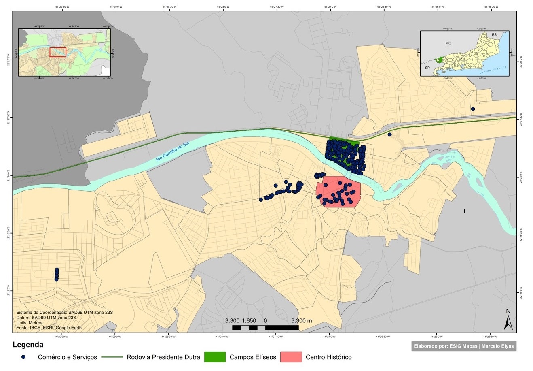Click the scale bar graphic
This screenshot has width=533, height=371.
(265, 327)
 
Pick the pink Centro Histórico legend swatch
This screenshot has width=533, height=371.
(291, 357)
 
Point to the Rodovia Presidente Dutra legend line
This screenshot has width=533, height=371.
(112, 357)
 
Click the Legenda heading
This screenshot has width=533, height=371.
(28, 345)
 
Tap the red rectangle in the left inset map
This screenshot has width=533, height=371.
(58, 52)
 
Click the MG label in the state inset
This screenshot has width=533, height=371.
(448, 43)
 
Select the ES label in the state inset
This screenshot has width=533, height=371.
(494, 35)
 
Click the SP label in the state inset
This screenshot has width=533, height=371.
(427, 68)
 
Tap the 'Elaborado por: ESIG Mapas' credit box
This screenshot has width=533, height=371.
(464, 346)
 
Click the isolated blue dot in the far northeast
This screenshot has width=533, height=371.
(473, 109)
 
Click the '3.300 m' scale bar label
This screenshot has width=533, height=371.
(301, 320)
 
